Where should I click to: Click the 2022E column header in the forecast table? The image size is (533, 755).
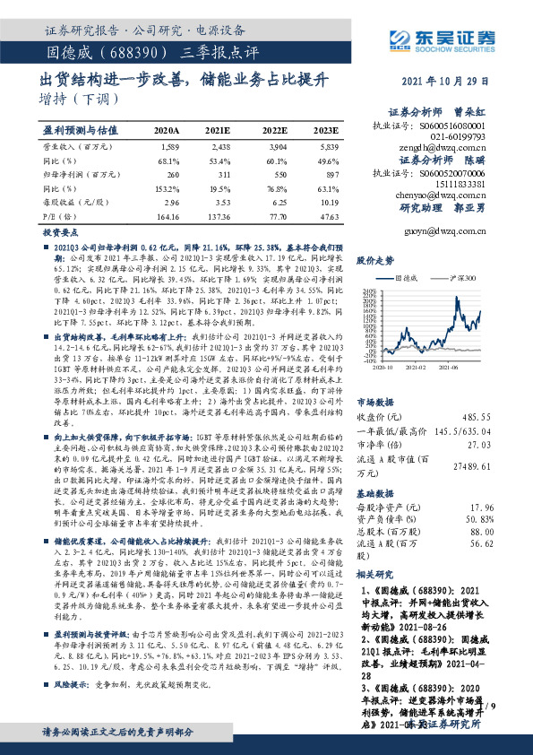tap(277, 130)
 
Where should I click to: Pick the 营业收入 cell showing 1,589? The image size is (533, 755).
tap(170, 145)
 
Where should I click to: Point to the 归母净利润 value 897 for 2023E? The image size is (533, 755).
tap(331, 175)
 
